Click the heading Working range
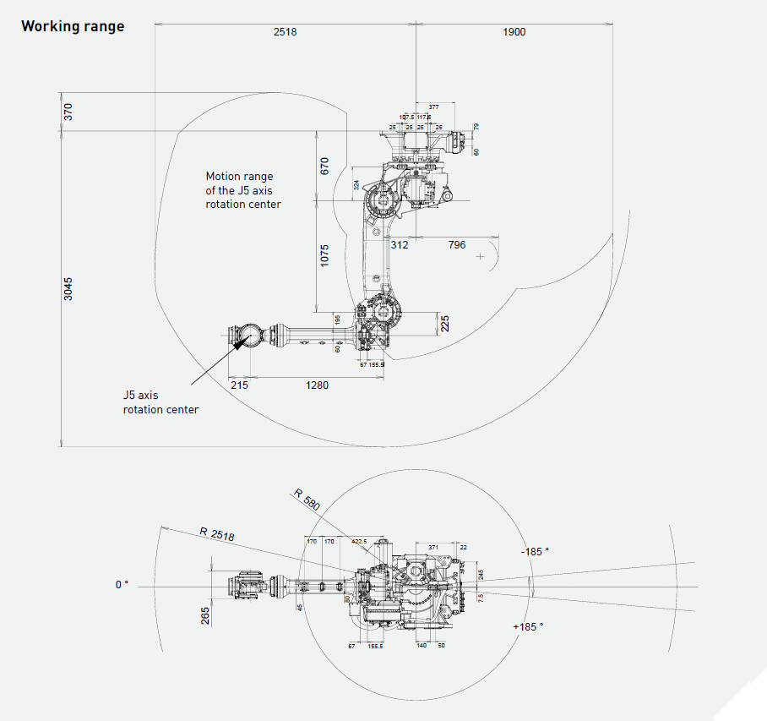[73, 26]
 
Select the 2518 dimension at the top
[286, 32]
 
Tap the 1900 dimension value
[513, 32]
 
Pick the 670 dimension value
[324, 166]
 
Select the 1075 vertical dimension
[324, 255]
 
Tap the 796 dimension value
[456, 245]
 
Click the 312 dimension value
[399, 245]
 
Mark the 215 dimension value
[239, 385]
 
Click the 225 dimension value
[445, 323]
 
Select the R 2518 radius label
[217, 534]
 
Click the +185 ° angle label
[528, 626]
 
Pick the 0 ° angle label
[122, 584]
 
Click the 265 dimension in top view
[205, 614]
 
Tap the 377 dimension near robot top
[433, 107]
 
